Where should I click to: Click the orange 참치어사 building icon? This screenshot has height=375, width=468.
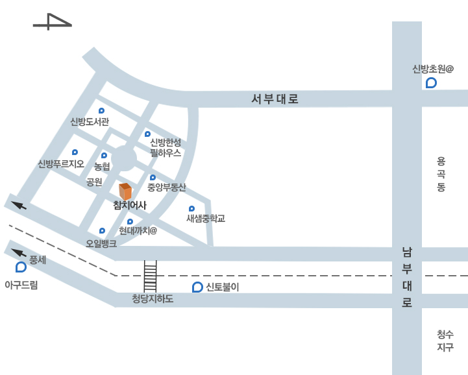point(125,191)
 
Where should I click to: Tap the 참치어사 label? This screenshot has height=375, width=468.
point(130,206)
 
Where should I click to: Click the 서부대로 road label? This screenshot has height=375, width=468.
point(275,99)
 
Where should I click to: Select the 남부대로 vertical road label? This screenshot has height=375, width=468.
point(407,277)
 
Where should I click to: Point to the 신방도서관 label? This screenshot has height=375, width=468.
point(90,122)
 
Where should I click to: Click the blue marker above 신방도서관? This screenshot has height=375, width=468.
point(101,111)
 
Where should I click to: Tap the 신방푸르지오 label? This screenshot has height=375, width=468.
point(61,163)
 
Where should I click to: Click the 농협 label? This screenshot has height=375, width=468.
point(103,167)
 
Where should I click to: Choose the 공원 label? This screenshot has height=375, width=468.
point(94,182)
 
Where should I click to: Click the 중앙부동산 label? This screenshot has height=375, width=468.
point(166,187)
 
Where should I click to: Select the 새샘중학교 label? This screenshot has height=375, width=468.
point(205,219)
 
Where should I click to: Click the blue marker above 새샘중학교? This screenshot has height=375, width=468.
point(191,208)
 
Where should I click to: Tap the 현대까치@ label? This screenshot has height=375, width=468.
point(138,230)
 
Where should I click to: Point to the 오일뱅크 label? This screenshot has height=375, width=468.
point(101,244)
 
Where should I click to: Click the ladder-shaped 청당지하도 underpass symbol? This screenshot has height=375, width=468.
point(150,276)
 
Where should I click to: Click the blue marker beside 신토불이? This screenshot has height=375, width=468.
point(197,287)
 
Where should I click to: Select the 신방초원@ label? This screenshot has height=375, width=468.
point(432,69)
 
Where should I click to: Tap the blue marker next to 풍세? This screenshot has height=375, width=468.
point(21,267)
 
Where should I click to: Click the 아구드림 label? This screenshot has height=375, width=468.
point(21,285)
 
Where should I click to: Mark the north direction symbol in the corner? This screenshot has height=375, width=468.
point(52,22)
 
